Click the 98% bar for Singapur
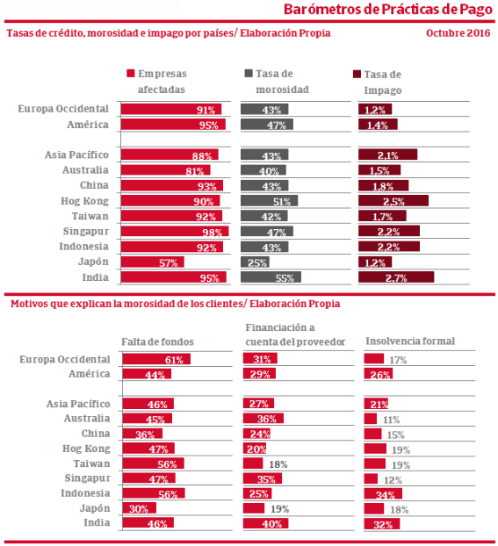[x=175, y=231]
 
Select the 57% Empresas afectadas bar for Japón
[x=153, y=262]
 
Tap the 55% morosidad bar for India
[x=271, y=277]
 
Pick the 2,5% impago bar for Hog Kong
[x=393, y=200]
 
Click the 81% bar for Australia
[x=166, y=170]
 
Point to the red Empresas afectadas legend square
[x=131, y=73]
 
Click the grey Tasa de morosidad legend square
[x=249, y=73]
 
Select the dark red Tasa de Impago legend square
[x=357, y=74]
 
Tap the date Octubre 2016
[x=458, y=33]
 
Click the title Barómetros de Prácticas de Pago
[x=388, y=10]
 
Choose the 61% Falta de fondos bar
[x=156, y=359]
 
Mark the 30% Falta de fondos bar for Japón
[x=140, y=508]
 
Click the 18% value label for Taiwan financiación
[x=278, y=464]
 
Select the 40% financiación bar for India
[x=265, y=523]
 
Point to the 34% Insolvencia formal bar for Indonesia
[x=383, y=493]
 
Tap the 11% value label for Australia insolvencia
[x=391, y=420]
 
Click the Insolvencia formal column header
[x=410, y=341]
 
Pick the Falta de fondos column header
[x=157, y=341]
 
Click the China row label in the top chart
[x=94, y=185]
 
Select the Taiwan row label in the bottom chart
[x=91, y=463]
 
